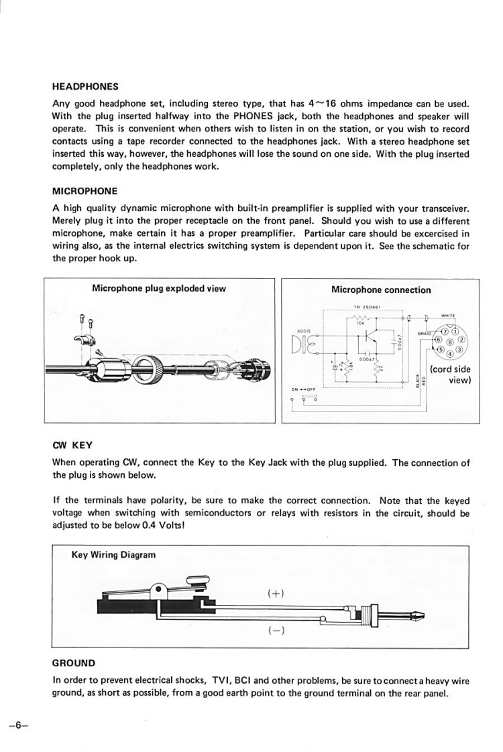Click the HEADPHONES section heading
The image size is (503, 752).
point(85,86)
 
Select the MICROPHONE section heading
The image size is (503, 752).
point(85,191)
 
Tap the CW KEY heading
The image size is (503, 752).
point(72,444)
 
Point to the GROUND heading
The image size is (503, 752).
point(74,663)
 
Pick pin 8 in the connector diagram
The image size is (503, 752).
point(449,341)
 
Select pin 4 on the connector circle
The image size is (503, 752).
point(449,353)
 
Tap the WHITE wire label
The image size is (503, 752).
point(449,315)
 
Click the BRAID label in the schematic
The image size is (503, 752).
point(425,333)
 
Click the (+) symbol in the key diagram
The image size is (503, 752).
point(276,593)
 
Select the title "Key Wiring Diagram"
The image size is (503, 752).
point(113,554)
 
